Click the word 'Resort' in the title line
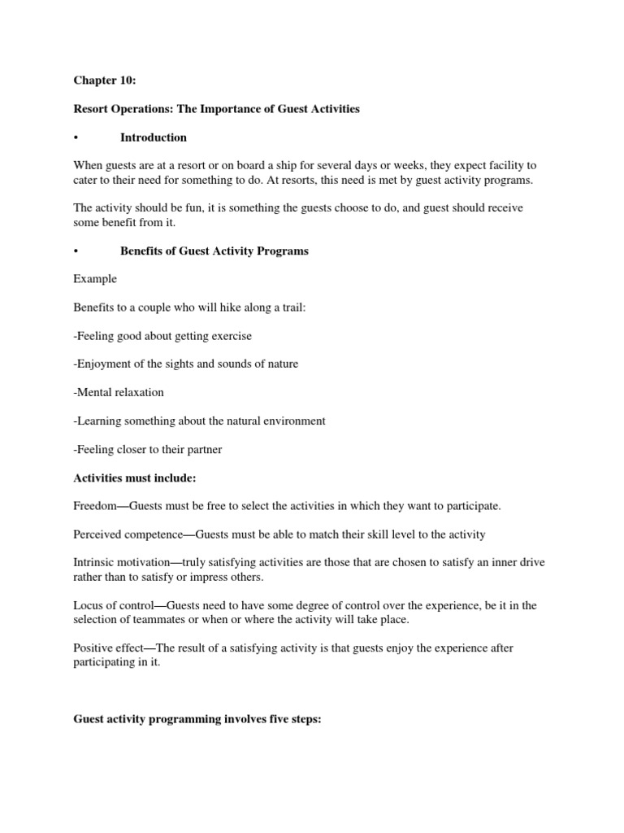[x=92, y=108]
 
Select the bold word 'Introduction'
[x=154, y=137]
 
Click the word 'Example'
[x=95, y=279]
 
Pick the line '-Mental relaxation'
[x=119, y=392]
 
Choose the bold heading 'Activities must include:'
[x=135, y=478]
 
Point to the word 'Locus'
[x=89, y=605]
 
